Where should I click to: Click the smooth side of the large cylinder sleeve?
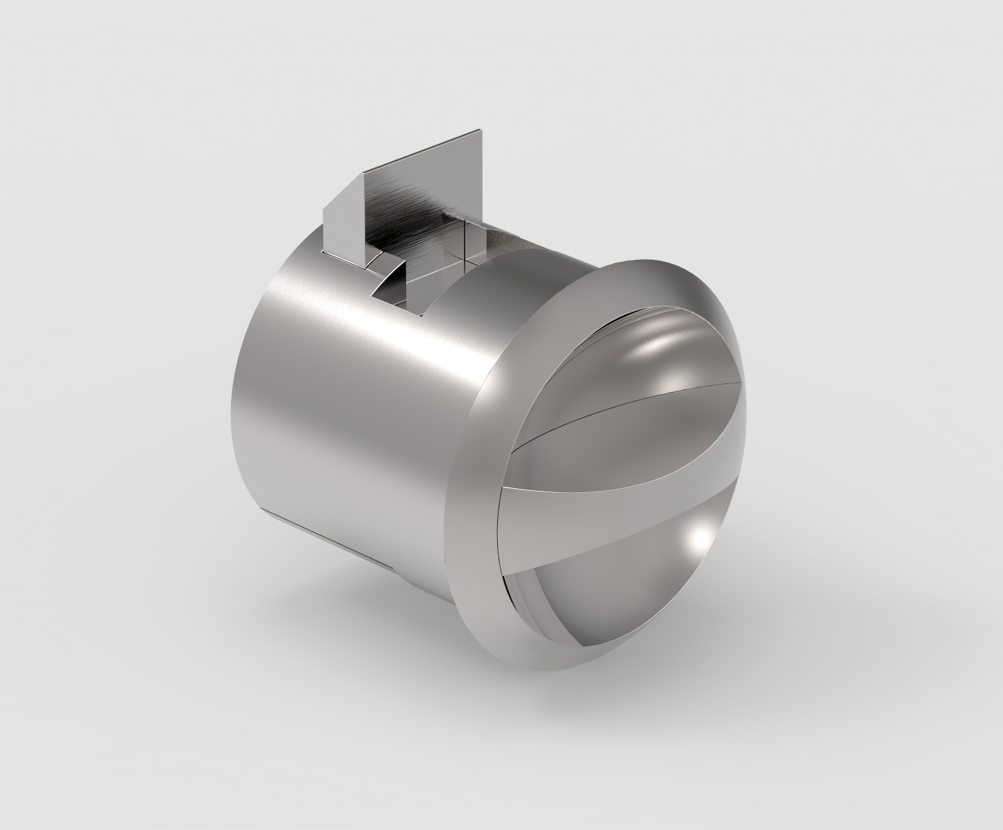pyautogui.click(x=338, y=404)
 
